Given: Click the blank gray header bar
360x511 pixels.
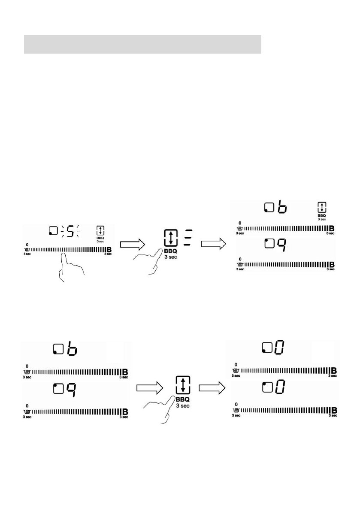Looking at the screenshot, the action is [x=142, y=45].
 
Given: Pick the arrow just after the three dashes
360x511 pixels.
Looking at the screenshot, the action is [x=213, y=244].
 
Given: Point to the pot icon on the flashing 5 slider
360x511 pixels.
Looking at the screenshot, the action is [x=27, y=249].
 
